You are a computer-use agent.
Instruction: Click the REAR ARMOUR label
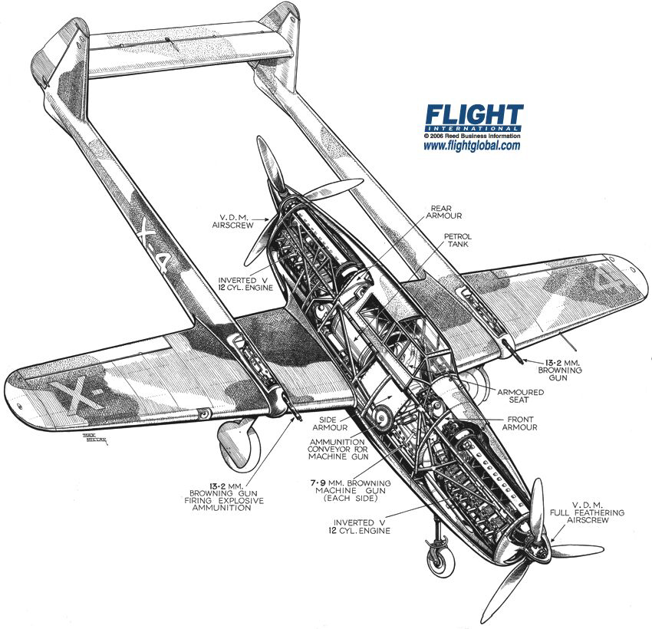pos(443,212)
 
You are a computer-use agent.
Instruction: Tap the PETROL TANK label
pos(458,240)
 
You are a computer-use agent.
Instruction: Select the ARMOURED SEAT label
pos(520,396)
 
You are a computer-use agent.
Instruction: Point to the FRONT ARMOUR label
pos(520,423)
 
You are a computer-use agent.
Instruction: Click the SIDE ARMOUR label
pos(330,423)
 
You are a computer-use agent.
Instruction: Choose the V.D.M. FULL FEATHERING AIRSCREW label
pos(587,512)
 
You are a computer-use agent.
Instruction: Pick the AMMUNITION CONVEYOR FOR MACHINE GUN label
pos(338,449)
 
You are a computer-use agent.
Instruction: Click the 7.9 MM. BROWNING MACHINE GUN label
pos(351,491)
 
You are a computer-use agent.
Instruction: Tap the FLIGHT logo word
pos(475,114)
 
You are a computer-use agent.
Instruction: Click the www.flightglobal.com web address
pos(472,146)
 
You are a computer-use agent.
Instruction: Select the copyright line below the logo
pos(472,136)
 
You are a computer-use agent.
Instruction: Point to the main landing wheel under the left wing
pos(239,444)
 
